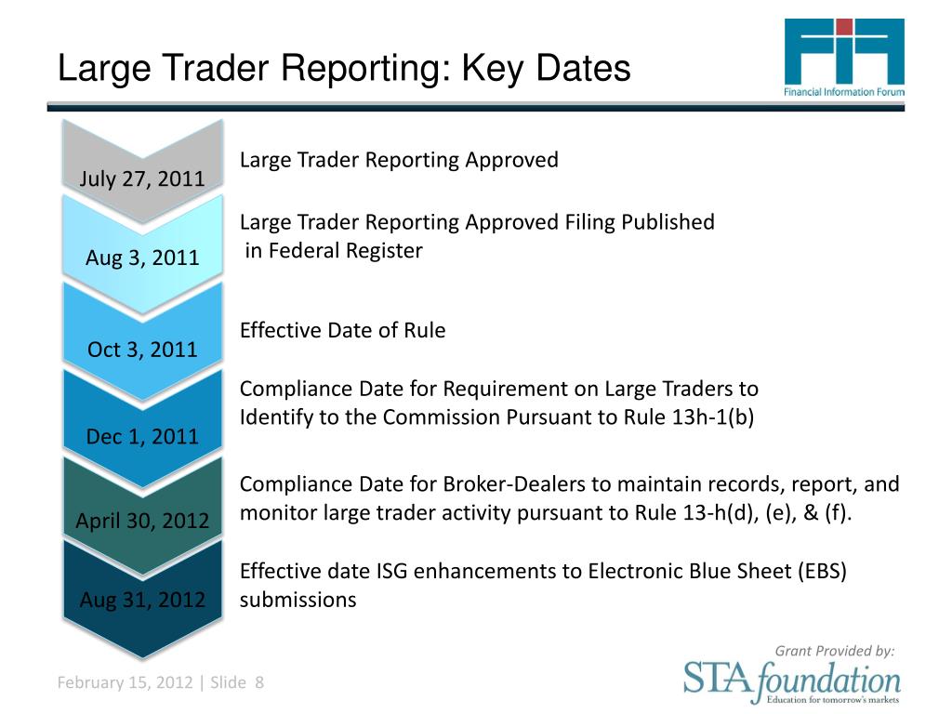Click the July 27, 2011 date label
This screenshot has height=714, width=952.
click(142, 178)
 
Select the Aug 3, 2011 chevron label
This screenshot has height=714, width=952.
click(142, 258)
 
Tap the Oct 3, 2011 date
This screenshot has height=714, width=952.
click(142, 350)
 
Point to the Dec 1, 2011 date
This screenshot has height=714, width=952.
click(142, 436)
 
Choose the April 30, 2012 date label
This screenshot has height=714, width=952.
click(142, 521)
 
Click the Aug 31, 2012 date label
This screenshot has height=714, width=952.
click(142, 600)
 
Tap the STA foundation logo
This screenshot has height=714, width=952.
click(792, 681)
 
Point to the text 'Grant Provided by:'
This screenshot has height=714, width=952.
click(835, 651)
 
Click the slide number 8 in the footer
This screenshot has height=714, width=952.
click(259, 683)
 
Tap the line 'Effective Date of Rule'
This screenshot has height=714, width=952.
click(342, 330)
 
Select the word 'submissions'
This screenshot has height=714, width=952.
click(297, 600)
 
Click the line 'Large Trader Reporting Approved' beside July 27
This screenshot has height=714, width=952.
click(399, 160)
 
